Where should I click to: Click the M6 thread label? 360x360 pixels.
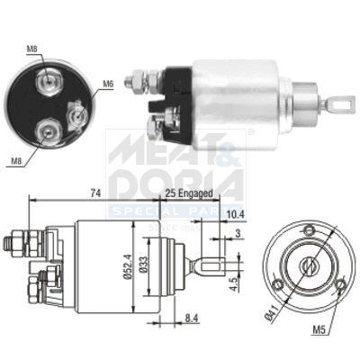(x=107, y=84)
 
